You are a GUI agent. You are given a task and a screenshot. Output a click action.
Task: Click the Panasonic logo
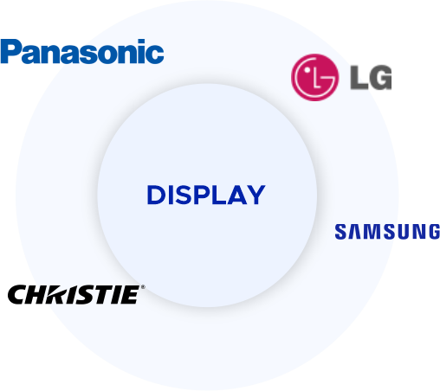82,51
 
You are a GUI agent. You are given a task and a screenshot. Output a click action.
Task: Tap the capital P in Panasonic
10,51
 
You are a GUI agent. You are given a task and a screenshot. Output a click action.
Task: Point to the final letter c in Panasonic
156,54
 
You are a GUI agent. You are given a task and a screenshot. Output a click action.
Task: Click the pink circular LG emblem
314,77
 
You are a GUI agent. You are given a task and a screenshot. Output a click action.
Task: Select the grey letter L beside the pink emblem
358,78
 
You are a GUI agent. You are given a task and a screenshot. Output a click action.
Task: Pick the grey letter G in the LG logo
379,78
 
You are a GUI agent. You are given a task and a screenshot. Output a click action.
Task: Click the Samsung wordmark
387,232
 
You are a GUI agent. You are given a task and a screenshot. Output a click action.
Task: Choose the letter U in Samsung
405,232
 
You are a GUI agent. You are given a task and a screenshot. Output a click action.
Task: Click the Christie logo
76,294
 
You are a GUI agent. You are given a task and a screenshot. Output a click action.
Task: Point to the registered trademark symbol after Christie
143,287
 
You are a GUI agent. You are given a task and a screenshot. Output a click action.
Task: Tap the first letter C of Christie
18,295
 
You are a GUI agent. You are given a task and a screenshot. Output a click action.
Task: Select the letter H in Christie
39,295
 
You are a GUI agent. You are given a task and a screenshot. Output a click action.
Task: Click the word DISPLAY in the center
206,195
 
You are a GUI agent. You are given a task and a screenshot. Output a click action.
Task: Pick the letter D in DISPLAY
156,195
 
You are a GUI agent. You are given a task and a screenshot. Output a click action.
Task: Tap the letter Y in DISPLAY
256,195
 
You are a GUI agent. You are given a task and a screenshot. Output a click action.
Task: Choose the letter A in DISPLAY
237,195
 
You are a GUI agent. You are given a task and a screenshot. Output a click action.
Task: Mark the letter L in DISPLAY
218,195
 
